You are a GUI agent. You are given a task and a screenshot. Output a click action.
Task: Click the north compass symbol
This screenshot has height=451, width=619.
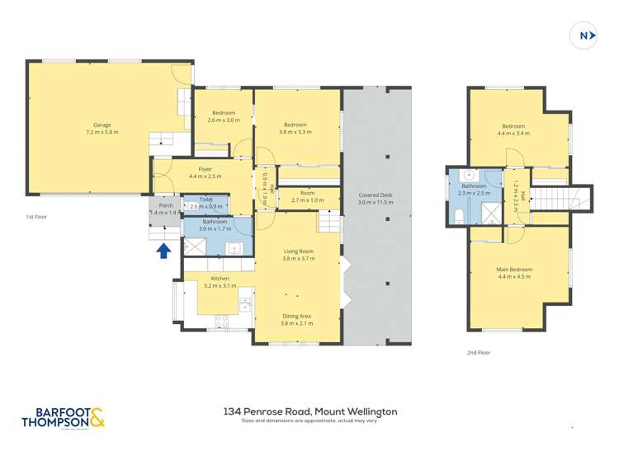pos(584,35)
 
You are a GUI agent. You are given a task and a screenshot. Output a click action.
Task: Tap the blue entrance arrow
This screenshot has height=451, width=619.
pos(164,250)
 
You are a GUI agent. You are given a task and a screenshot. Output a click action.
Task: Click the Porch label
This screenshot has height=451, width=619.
pos(164,206)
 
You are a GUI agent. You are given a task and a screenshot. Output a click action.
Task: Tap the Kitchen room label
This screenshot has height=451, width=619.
pos(220,279)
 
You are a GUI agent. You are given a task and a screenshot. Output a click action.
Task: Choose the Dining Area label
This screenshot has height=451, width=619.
pos(297,316)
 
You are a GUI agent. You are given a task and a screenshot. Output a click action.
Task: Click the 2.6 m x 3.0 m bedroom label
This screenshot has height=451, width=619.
pos(223,120)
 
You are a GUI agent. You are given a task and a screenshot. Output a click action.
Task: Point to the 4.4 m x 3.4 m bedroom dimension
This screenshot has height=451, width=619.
pos(513,132)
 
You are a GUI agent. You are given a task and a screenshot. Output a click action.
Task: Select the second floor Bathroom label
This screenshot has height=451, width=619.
pos(474,186)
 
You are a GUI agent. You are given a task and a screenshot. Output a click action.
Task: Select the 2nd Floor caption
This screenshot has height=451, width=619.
pos(478,352)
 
